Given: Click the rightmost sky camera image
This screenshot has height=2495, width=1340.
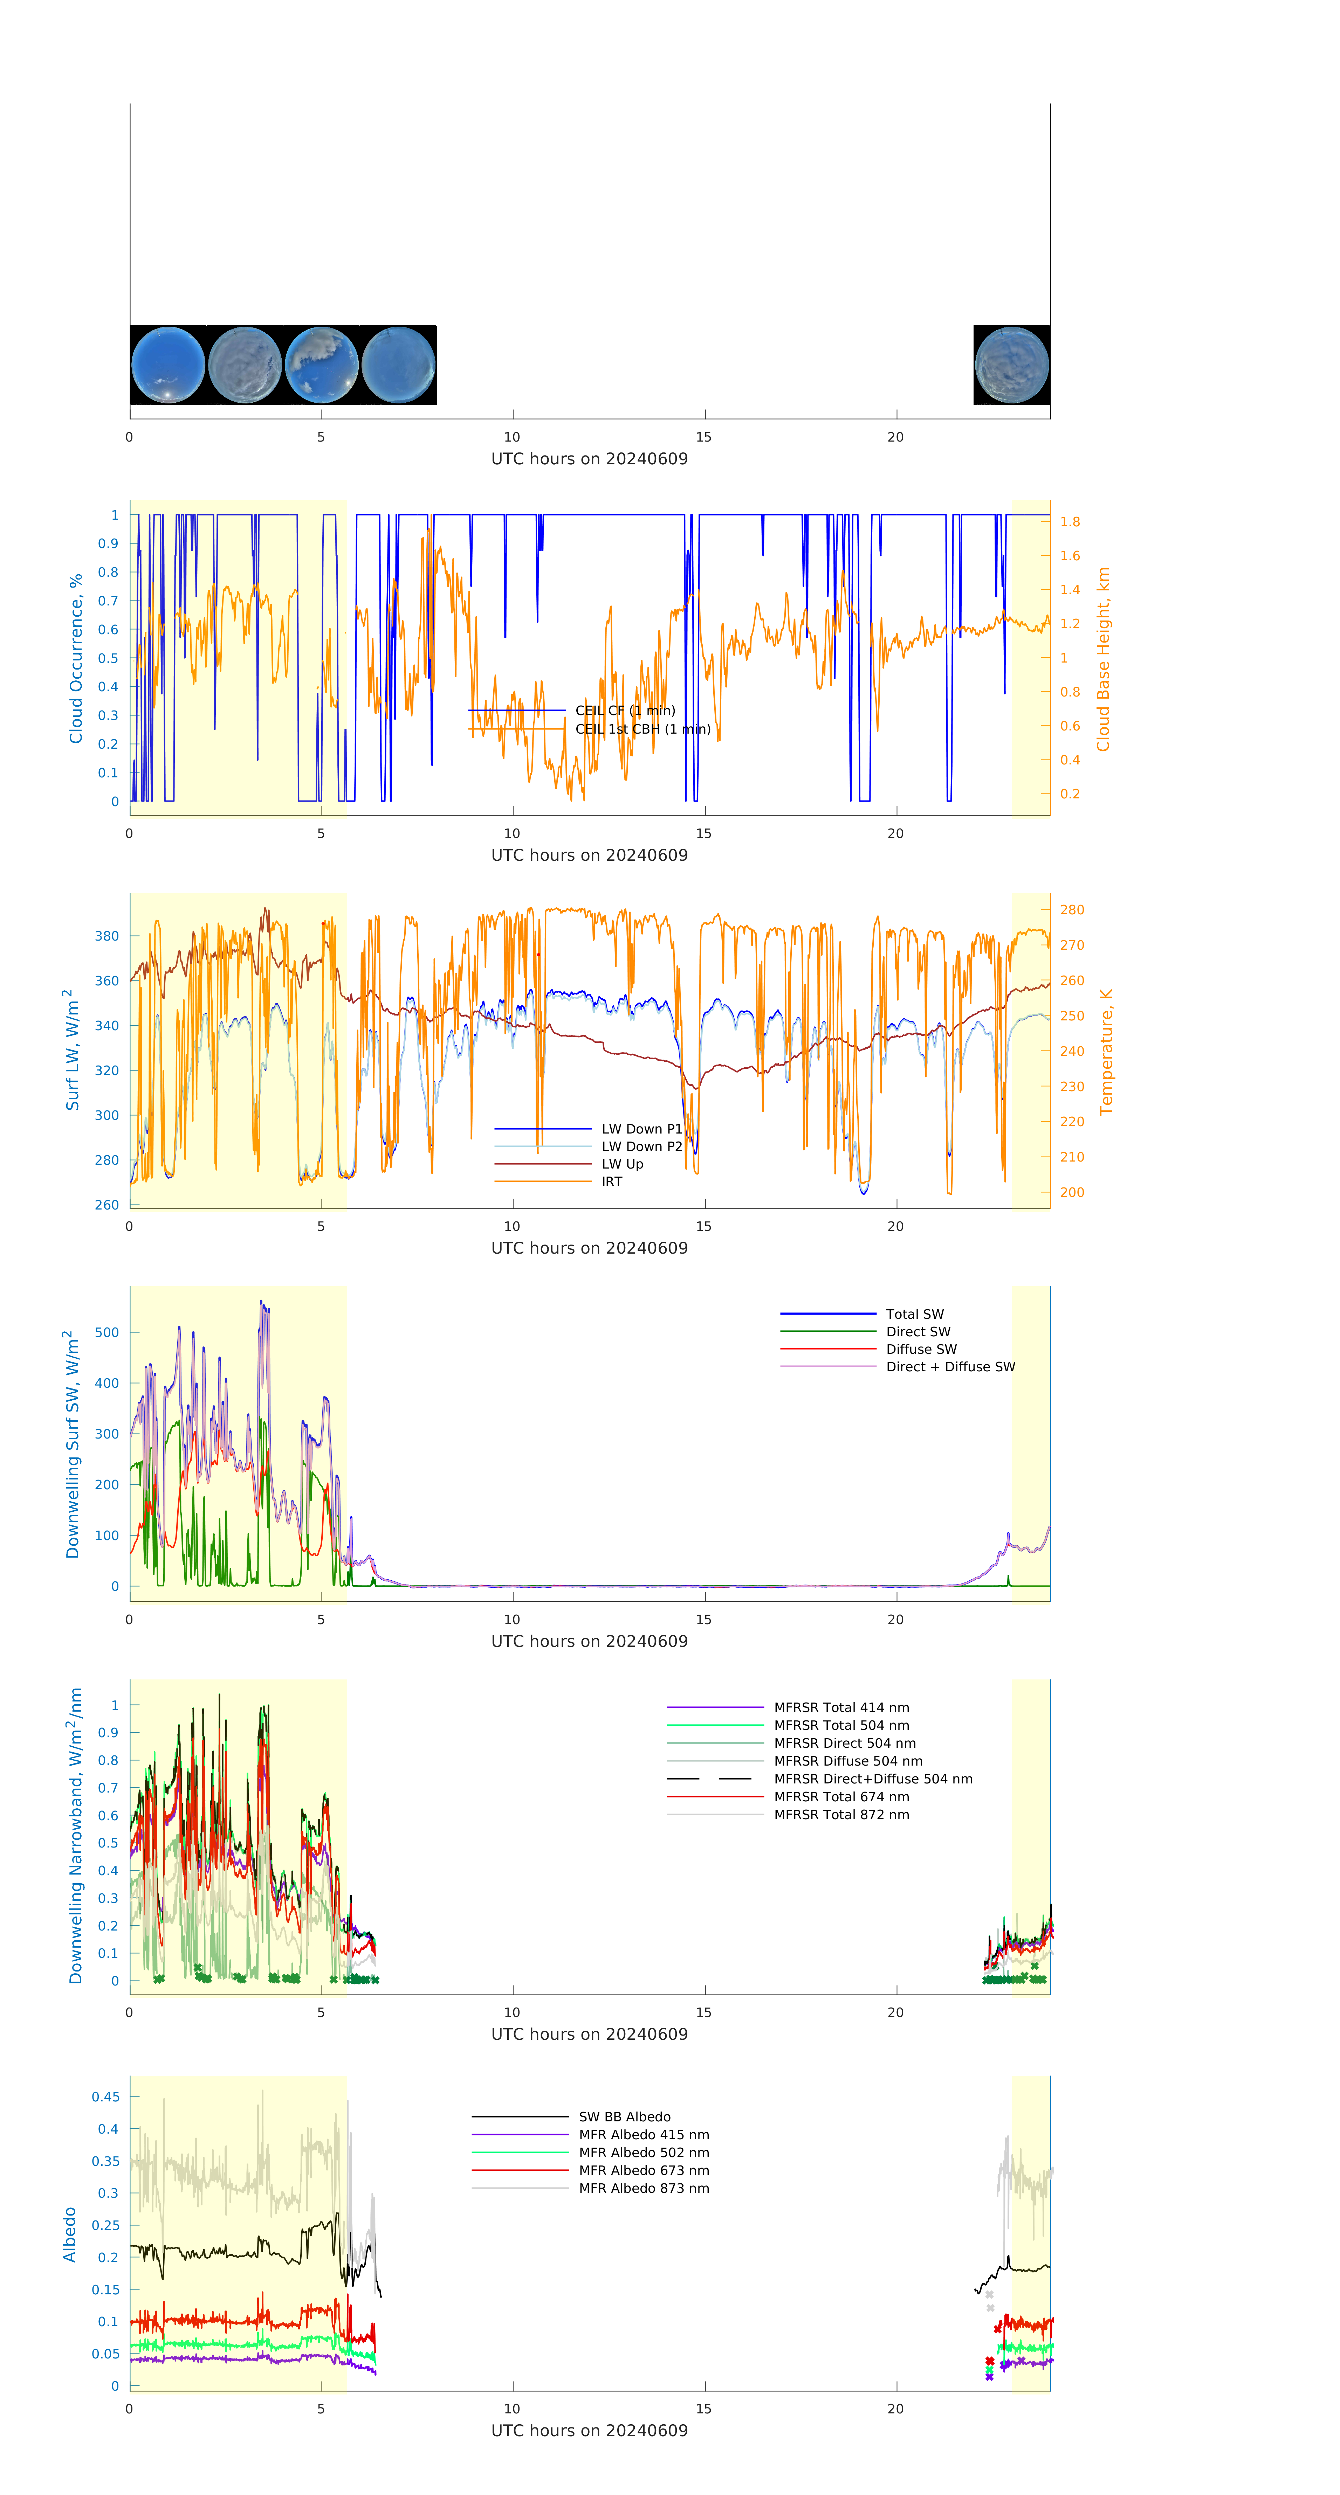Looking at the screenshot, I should point(1011,365).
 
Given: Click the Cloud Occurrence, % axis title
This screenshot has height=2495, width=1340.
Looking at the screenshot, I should point(76,659).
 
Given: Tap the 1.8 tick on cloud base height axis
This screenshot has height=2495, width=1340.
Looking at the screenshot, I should point(1070,522).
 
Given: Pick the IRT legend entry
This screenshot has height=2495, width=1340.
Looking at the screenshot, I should point(611,1181).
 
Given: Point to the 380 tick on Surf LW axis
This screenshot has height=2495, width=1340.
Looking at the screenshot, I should point(106,936).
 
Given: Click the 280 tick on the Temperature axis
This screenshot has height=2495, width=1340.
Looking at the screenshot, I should point(1072,909).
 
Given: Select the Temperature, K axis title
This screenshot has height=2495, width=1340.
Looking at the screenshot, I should point(1106,1052).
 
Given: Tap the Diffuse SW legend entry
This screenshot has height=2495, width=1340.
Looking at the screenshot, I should point(920,1349).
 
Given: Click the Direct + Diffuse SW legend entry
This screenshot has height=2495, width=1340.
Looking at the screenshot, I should point(949,1367).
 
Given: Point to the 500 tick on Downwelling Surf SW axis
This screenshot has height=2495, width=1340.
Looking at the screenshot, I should point(106,1333).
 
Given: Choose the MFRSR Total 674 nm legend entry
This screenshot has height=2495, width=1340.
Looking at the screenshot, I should point(841,1797).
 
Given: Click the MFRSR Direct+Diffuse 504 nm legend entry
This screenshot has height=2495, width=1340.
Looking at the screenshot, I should point(872,1779).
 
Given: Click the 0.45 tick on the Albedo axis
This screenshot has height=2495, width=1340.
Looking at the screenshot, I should point(105,2097).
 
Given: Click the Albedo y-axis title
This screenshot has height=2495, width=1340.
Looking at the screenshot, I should point(70,2234).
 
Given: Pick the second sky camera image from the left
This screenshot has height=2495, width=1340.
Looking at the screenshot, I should point(245,365).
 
